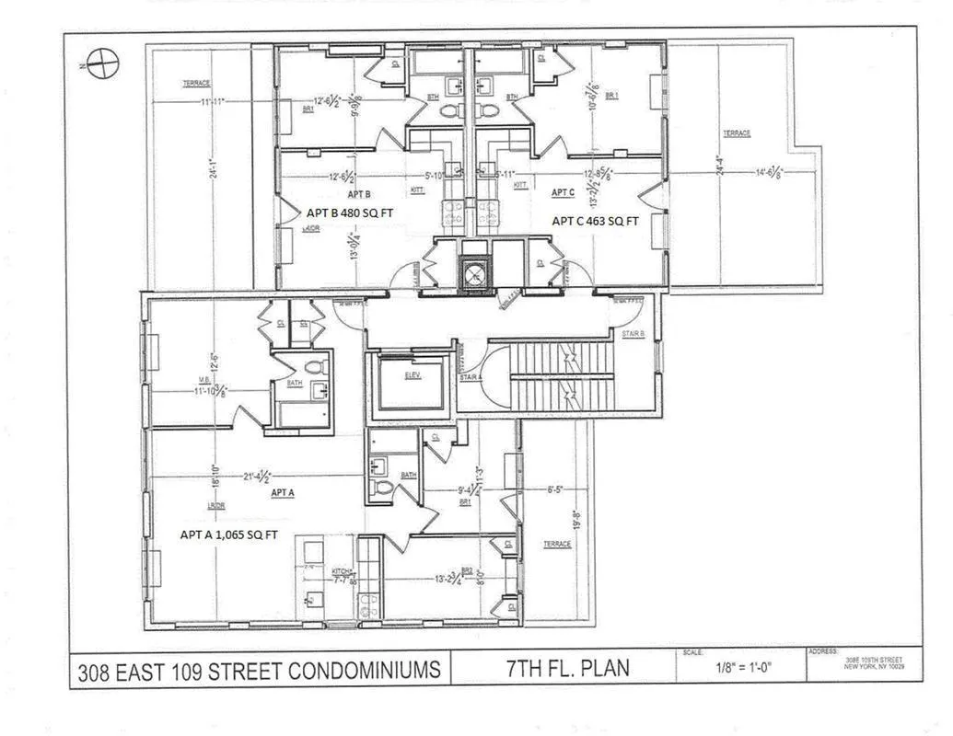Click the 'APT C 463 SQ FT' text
593,221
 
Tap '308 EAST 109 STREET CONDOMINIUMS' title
259,669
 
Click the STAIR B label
633,333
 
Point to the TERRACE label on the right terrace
736,133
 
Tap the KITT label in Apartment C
520,185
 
